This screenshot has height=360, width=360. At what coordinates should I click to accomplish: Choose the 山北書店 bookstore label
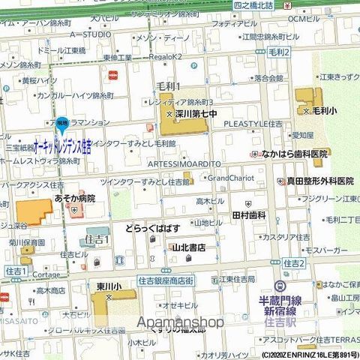188,246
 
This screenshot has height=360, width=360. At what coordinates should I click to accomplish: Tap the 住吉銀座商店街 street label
166,280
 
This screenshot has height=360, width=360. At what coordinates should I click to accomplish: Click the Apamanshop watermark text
180,321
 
